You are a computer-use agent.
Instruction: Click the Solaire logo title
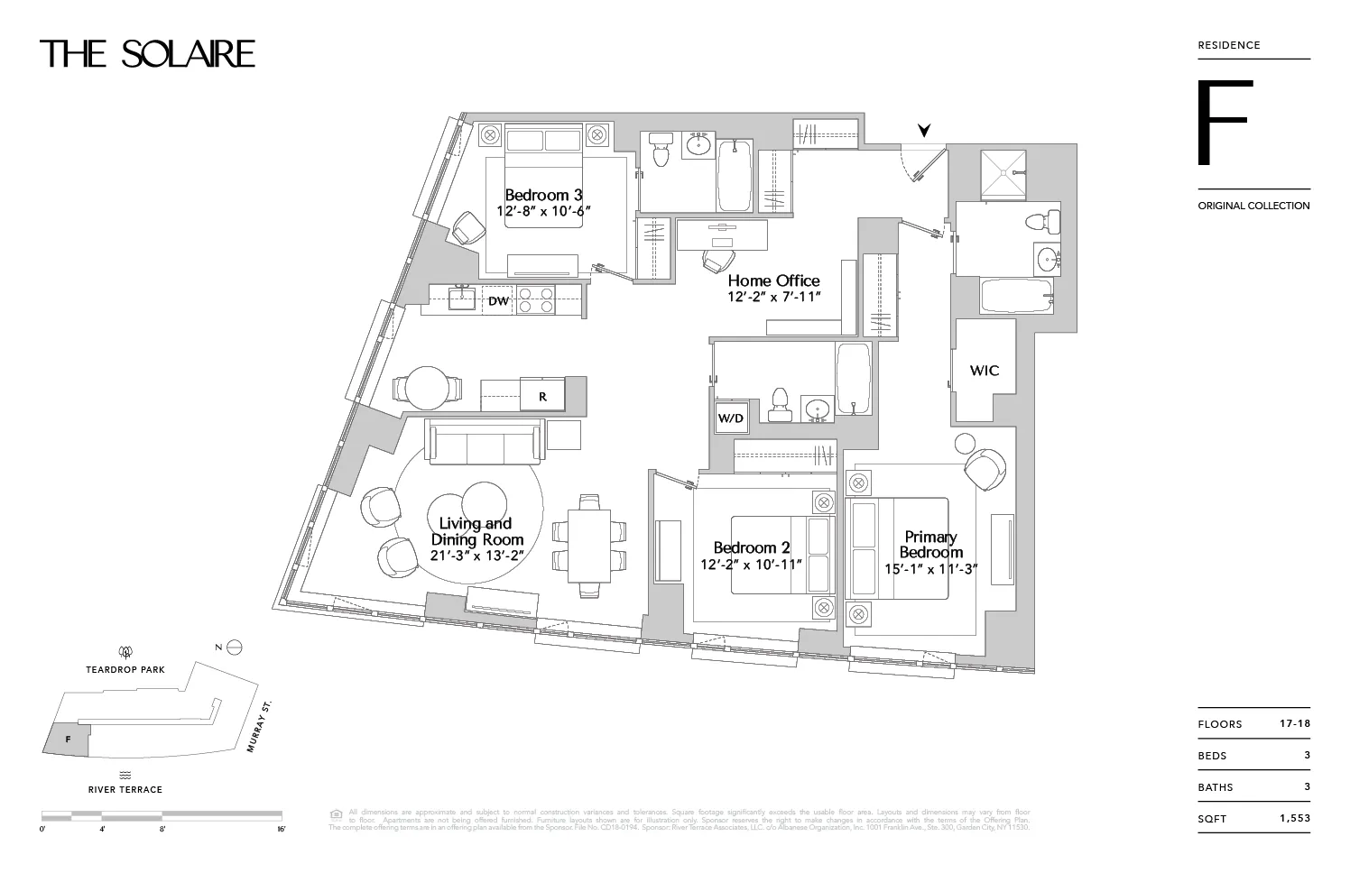(147, 54)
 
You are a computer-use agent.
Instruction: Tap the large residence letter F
(1225, 124)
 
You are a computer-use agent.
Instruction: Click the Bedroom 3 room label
(543, 195)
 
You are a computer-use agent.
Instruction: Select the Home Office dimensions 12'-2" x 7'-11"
(773, 297)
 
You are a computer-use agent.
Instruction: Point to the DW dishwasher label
(498, 301)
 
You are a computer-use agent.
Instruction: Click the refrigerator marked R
(543, 396)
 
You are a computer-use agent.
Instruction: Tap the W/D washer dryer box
(730, 418)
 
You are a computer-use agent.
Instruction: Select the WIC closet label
(984, 371)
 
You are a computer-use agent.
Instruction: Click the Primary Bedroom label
(930, 545)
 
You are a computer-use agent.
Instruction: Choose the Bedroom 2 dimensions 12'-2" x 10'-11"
(752, 565)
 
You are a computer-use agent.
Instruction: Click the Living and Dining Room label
(476, 531)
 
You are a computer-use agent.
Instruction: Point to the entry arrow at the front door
(923, 131)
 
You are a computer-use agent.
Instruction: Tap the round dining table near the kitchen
(428, 389)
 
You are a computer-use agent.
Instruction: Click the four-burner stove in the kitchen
(536, 299)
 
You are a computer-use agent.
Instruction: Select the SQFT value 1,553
(1294, 819)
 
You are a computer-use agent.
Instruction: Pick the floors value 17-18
(1294, 724)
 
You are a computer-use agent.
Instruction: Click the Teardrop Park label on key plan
(125, 670)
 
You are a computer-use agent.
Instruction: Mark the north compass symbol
(234, 648)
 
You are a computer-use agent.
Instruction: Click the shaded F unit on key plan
(68, 740)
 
